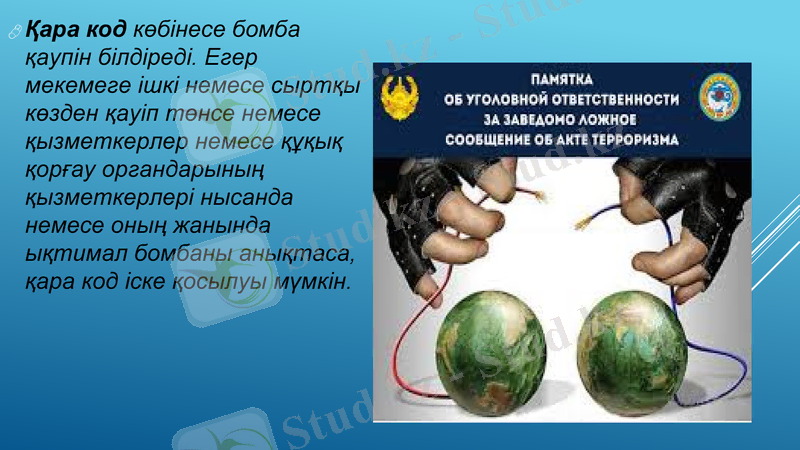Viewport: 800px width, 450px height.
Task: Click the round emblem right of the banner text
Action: click(x=720, y=96)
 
